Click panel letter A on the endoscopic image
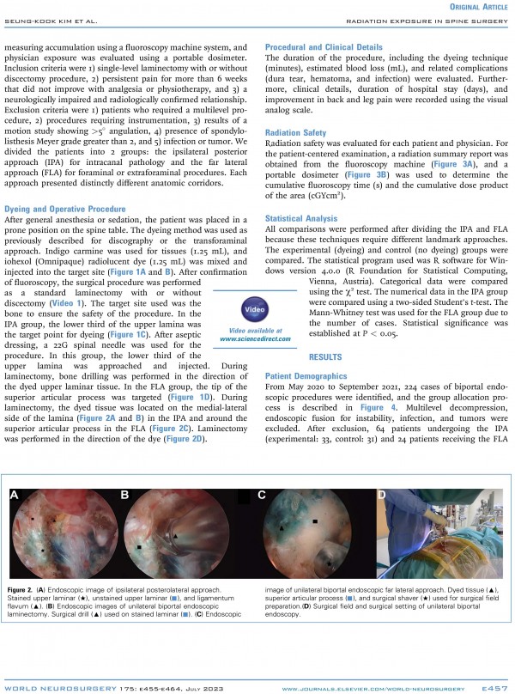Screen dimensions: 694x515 point(15,496)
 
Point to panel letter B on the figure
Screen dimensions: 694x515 point(125,496)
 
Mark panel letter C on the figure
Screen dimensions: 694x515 point(262,496)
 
